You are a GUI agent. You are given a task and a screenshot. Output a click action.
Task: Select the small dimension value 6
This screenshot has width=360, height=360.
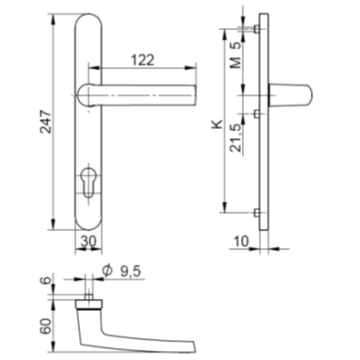45,283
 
